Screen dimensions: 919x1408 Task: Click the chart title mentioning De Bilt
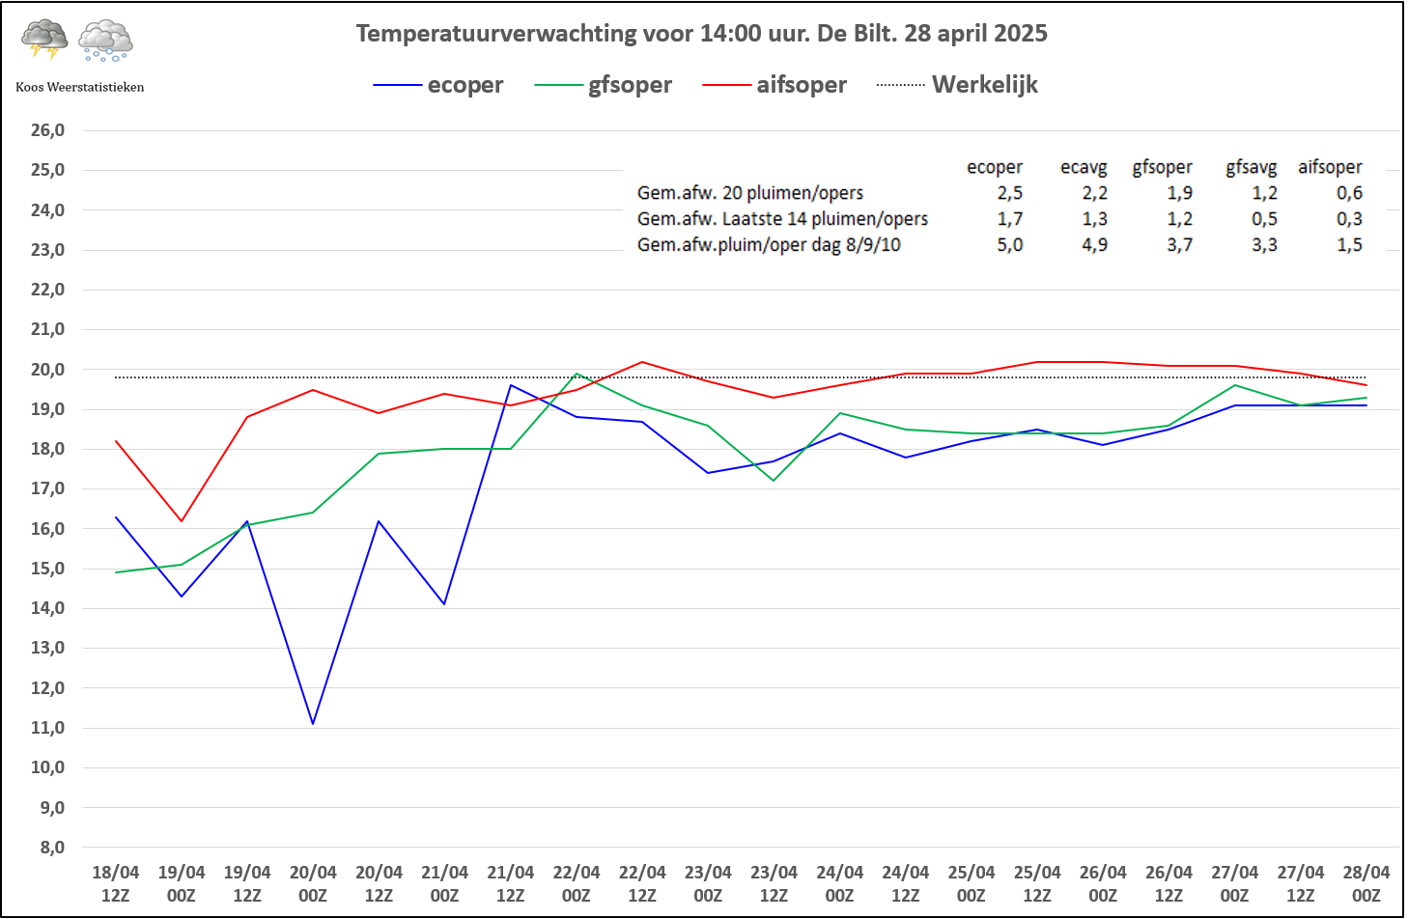tap(701, 34)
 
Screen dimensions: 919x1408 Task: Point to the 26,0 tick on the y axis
tap(47, 130)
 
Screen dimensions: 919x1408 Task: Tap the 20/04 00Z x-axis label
tap(313, 883)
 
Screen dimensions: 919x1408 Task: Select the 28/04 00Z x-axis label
tap(1366, 883)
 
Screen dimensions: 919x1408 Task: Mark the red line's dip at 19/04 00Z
tap(182, 521)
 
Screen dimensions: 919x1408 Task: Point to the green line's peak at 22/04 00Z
tap(577, 374)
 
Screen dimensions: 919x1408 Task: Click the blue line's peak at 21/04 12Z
tap(511, 385)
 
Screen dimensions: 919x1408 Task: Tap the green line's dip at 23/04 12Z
tap(774, 481)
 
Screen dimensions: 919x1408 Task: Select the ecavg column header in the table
tap(1084, 167)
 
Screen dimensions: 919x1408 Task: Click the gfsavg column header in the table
tap(1251, 167)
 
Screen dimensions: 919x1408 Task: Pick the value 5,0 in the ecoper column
tap(1010, 245)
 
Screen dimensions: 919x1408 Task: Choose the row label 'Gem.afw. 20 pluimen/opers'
tap(750, 193)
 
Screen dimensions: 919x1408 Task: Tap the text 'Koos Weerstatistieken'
tap(80, 87)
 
